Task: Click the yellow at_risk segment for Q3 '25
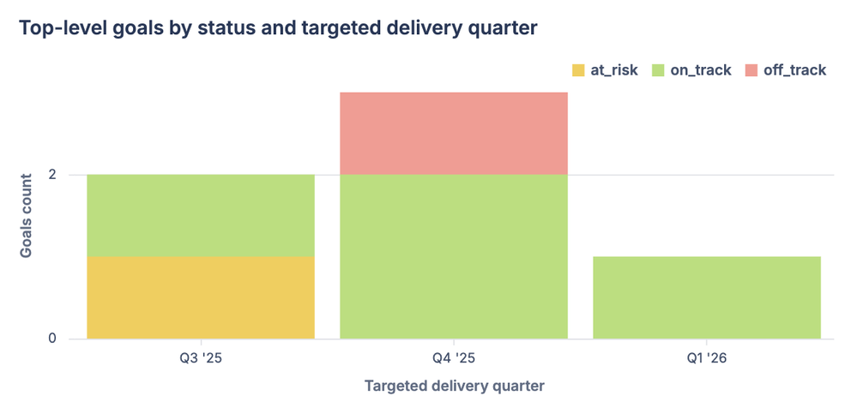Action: (201, 297)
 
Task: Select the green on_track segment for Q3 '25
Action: (201, 215)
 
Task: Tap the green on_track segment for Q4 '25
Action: (454, 256)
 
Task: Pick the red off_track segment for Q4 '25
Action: (454, 133)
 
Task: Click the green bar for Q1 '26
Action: (707, 297)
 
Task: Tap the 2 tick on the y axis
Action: (52, 175)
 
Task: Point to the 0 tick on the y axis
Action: (52, 338)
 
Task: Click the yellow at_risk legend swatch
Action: (578, 70)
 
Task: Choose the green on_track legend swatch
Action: (658, 70)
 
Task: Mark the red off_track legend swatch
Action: (751, 70)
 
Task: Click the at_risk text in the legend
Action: (614, 70)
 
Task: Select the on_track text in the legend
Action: (701, 70)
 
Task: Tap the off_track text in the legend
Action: (795, 70)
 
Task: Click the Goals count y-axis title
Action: (27, 215)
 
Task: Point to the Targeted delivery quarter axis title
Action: (454, 386)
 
